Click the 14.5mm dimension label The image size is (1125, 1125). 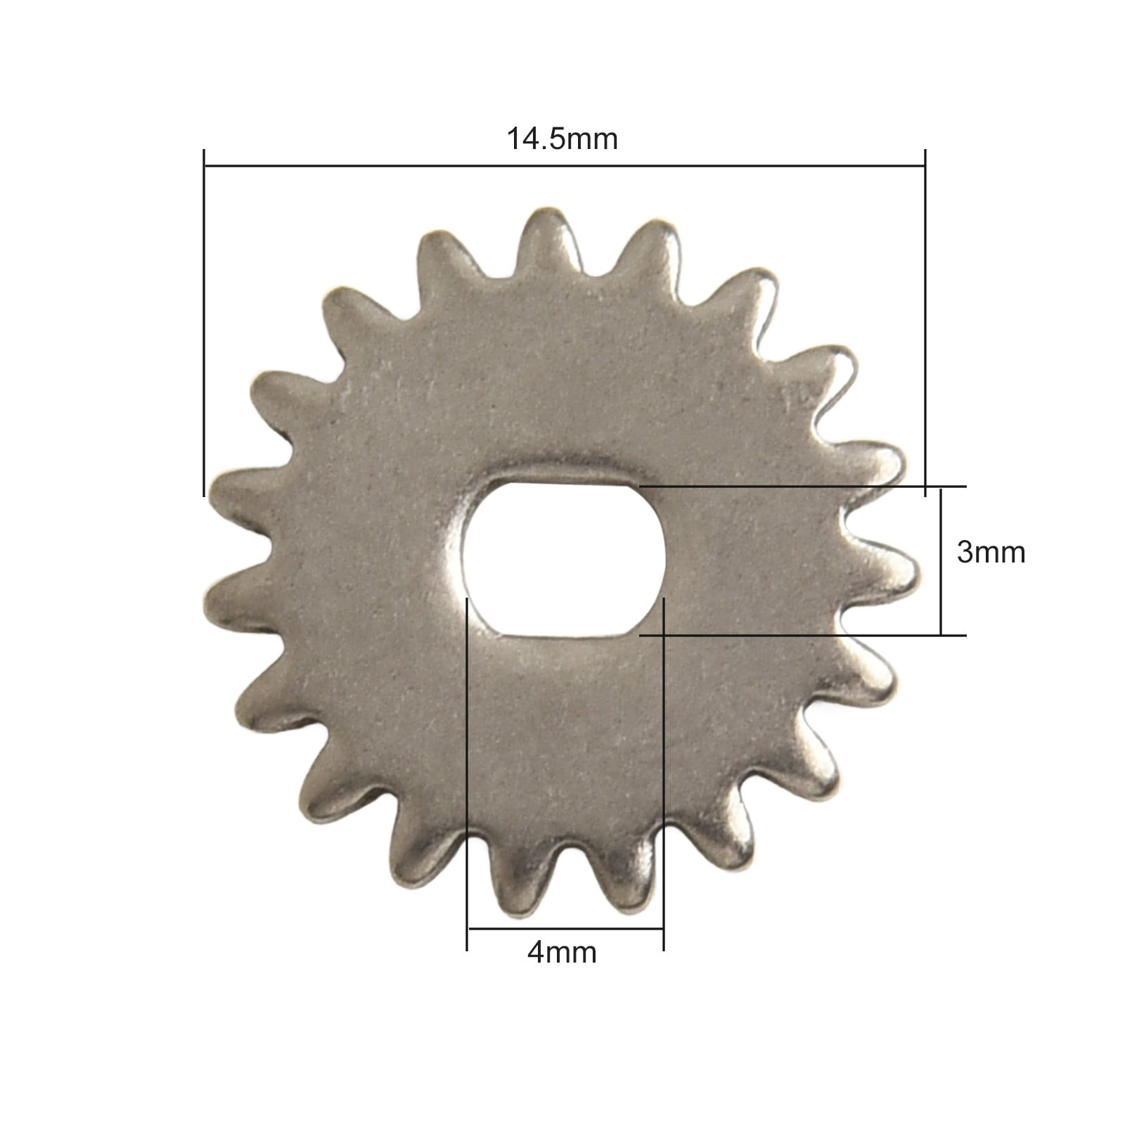[562, 139]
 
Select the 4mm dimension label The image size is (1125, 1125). [561, 953]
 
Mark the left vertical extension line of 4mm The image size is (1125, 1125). [467, 773]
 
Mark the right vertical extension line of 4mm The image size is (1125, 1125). [664, 773]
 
